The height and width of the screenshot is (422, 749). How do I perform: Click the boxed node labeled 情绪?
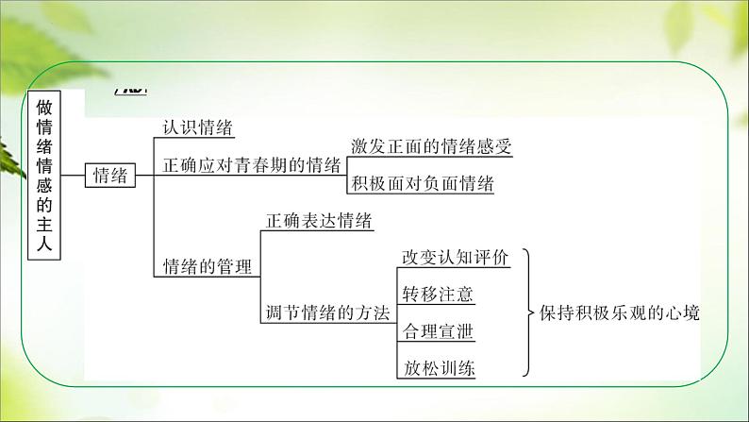pos(110,175)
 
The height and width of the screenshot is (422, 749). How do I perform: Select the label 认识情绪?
pos(198,129)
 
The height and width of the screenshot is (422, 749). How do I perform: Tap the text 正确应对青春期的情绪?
pos(252,165)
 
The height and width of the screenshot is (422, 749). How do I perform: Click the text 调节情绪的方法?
pos(327,313)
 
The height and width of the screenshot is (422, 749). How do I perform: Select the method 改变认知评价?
pos(455,258)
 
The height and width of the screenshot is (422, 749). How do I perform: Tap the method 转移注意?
pos(437,295)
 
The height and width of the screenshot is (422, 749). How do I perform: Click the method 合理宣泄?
pos(437,331)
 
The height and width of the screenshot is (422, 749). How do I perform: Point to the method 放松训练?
pos(437,368)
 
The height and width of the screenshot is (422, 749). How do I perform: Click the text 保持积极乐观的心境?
pos(621,313)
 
